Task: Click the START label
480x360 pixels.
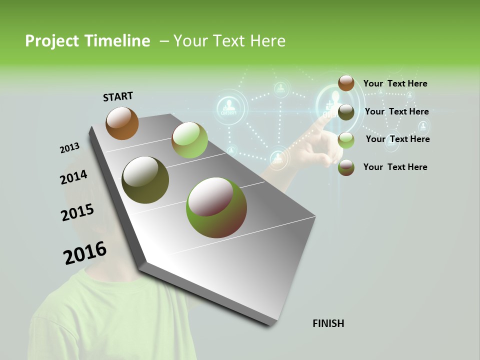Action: pos(118,96)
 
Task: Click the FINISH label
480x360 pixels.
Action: pos(328,323)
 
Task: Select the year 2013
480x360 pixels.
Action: pos(69,148)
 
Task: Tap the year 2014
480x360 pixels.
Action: pos(73,177)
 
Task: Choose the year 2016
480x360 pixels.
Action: pos(85,253)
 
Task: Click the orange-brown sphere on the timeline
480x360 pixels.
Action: pos(122,123)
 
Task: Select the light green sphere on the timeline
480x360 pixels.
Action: pos(189,140)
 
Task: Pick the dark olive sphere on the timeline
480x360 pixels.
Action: pos(145,180)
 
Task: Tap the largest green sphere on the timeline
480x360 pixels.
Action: pos(216,207)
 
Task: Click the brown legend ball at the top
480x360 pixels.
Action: pos(346,83)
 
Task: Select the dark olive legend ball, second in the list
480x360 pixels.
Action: pos(346,112)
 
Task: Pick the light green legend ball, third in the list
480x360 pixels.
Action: pos(346,140)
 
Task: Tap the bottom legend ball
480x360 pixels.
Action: pos(346,167)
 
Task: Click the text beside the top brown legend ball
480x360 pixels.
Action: pos(395,83)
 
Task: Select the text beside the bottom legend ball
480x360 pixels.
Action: pos(395,167)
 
